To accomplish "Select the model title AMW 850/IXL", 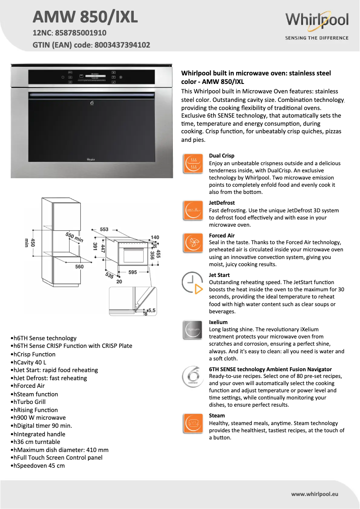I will click(x=85, y=17).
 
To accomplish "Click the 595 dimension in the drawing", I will click(x=132, y=272).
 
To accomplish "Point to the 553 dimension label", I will click(x=104, y=229).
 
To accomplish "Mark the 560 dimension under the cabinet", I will click(x=79, y=267).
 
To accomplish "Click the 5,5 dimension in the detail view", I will click(x=151, y=310).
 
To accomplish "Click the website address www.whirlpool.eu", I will click(x=314, y=494).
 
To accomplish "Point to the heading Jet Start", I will click(x=219, y=275).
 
